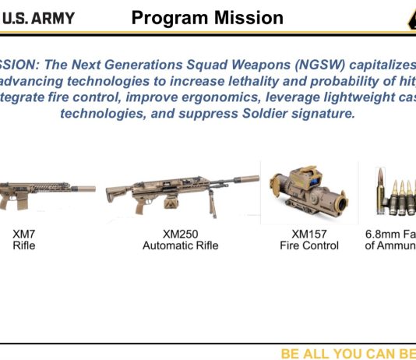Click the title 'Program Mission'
[x=207, y=17]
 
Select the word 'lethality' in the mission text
[x=262, y=80]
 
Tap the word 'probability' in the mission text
[x=346, y=80]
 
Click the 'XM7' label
[x=24, y=234]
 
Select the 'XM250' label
[x=180, y=234]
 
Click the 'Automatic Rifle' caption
[x=180, y=245]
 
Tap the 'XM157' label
[x=309, y=234]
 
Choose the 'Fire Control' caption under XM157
[x=309, y=245]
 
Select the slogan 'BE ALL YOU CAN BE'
[x=347, y=354]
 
